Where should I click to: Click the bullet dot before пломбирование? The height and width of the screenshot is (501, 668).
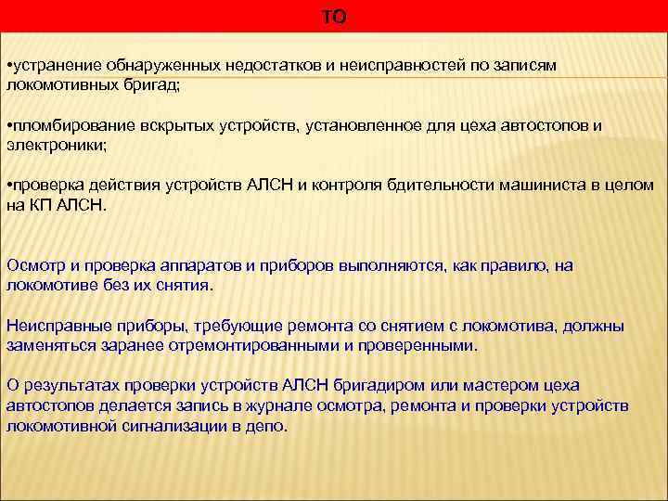8,126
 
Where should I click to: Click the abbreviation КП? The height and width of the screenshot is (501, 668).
40,205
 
